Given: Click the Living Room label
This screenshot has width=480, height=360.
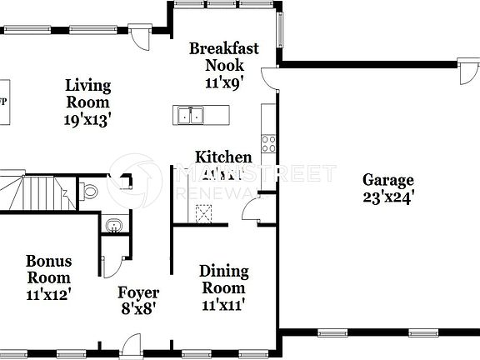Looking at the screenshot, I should point(87,93).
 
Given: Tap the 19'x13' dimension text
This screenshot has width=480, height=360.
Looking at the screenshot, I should point(87,119).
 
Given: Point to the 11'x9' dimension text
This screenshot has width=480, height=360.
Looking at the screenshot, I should point(222,82).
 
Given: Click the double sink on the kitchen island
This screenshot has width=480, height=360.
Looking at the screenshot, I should point(191,114).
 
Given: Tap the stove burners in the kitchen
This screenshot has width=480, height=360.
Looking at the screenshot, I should point(269,142).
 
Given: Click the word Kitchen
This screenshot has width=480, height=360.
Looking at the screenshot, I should point(222,157).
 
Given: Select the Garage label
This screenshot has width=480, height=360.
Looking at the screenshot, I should point(387,179).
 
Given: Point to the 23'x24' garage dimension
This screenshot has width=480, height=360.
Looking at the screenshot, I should point(387,197).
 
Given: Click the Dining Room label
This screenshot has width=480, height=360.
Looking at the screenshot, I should point(223,279).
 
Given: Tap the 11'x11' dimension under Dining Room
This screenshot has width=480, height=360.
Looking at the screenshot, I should point(223,304).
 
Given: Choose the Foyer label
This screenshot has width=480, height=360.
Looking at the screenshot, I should point(137,292).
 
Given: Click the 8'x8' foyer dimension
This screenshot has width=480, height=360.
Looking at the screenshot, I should point(137,307).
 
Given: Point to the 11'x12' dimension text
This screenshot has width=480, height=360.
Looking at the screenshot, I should point(47,293).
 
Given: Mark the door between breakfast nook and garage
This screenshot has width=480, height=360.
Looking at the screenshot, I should point(269,78).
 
